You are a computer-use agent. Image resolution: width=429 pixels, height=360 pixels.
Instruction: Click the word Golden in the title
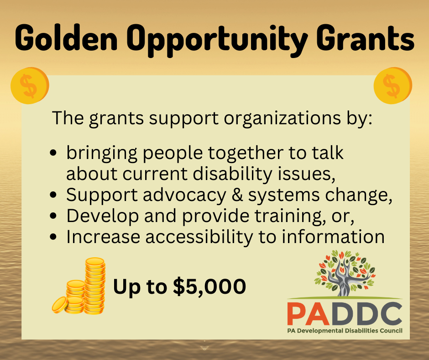point(66,37)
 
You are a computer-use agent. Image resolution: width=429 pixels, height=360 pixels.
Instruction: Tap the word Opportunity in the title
point(217,40)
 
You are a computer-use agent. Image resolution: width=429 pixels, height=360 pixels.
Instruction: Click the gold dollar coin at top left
point(30,85)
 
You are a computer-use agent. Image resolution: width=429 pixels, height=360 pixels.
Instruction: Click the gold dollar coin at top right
point(393,85)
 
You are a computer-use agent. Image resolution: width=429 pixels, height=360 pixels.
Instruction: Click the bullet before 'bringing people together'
point(53,153)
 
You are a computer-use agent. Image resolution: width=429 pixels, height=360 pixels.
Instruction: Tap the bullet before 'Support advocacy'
point(53,195)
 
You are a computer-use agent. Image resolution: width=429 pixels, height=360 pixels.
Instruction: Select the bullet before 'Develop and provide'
point(53,216)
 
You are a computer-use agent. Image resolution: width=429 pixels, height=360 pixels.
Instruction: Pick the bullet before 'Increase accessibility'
point(53,237)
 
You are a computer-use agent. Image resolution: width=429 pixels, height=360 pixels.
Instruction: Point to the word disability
point(233,174)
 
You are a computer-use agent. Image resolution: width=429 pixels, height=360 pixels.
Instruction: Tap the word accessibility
point(199,237)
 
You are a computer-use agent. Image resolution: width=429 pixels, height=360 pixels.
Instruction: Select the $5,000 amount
point(209,286)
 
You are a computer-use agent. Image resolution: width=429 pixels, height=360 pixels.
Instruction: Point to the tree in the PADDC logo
point(345,273)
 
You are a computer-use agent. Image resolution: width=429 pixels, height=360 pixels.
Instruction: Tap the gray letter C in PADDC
point(391,313)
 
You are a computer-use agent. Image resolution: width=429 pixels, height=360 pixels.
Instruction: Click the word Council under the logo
point(391,330)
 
